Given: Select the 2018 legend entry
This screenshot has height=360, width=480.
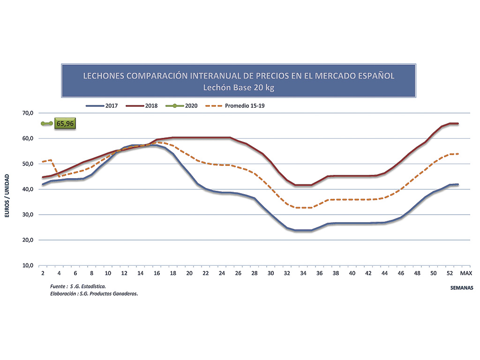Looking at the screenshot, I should click(142, 105).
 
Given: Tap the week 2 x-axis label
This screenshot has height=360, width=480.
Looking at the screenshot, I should click(43, 272).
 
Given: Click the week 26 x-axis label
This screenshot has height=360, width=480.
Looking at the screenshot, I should click(239, 272).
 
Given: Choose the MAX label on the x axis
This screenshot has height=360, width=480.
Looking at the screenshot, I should click(465, 272).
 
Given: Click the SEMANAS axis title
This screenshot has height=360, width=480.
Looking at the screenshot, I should click(458, 287).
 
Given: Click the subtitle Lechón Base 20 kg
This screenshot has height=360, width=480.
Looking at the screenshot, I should click(239, 87).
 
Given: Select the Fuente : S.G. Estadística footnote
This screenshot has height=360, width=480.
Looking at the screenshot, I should click(77, 286).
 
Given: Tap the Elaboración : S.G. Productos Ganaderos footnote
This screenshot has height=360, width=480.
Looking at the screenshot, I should click(93, 293).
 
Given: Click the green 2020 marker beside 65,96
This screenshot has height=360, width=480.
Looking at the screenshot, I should click(46, 124).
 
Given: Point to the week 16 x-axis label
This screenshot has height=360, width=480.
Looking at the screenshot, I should click(157, 272).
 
